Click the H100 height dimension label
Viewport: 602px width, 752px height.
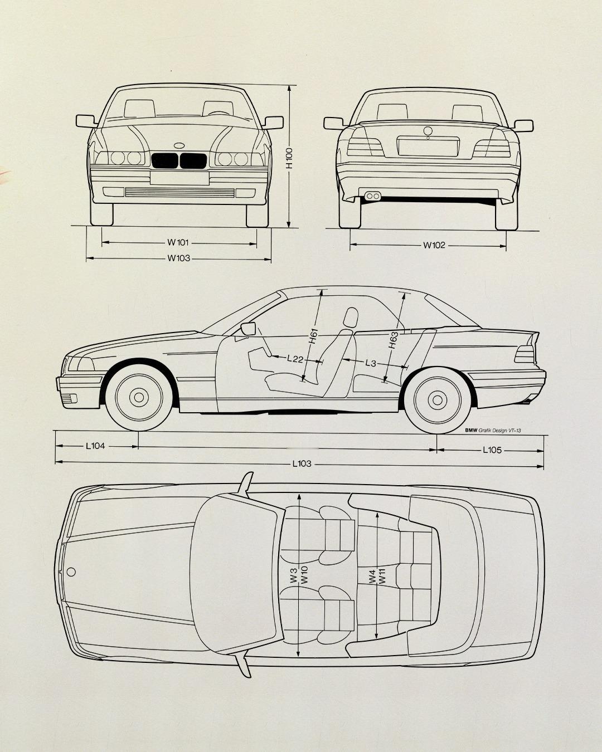point(289,158)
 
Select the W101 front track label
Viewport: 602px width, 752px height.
point(178,242)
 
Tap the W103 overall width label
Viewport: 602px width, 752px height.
point(179,258)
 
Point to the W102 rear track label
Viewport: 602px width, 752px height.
point(434,245)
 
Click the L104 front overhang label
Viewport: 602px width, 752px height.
point(95,446)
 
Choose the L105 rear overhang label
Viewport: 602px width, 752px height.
point(492,450)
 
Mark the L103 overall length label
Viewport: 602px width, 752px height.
point(302,463)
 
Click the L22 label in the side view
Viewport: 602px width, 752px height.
point(295,359)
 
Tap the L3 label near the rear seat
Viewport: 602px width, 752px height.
point(371,363)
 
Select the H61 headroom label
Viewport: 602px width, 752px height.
point(313,336)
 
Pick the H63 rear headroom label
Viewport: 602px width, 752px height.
point(393,340)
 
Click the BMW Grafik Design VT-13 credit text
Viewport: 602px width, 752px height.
point(493,431)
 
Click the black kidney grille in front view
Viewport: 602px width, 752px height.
point(179,161)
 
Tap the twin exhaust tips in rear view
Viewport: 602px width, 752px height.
point(372,196)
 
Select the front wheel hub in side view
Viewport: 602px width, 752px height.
point(139,397)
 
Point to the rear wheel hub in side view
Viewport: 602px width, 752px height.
point(437,401)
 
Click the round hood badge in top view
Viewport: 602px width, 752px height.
point(71,572)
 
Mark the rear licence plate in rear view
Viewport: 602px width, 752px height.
point(428,147)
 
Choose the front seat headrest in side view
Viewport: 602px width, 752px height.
point(351,317)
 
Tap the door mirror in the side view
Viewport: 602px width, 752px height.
point(248,329)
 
